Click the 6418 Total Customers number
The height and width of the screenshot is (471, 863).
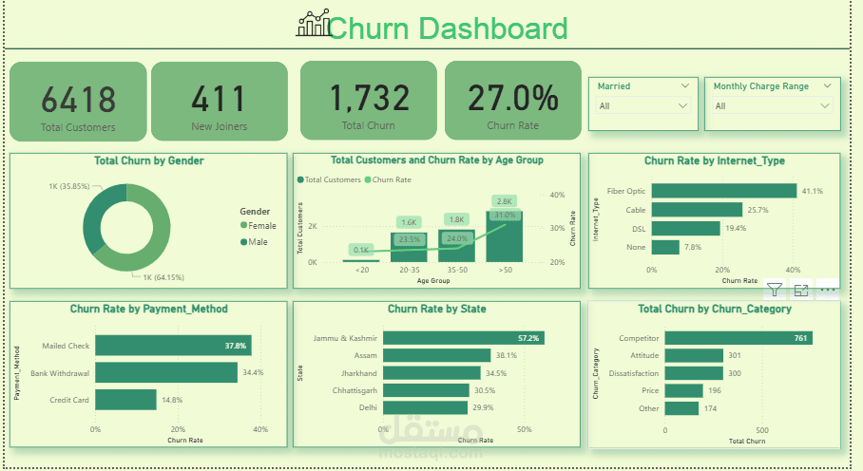click(x=78, y=99)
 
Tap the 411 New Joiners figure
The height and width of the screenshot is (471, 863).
click(x=219, y=99)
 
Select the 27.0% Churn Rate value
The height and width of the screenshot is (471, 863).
click(x=512, y=98)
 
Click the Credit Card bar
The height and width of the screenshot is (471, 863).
click(x=125, y=400)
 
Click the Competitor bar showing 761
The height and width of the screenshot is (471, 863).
click(x=738, y=338)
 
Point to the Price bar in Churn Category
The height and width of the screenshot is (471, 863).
click(x=683, y=390)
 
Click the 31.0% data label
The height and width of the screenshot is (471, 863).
click(x=504, y=216)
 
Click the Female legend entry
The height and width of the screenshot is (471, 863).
click(x=259, y=226)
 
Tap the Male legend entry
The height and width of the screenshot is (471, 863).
click(x=255, y=242)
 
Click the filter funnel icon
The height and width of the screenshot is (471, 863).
click(x=775, y=291)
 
